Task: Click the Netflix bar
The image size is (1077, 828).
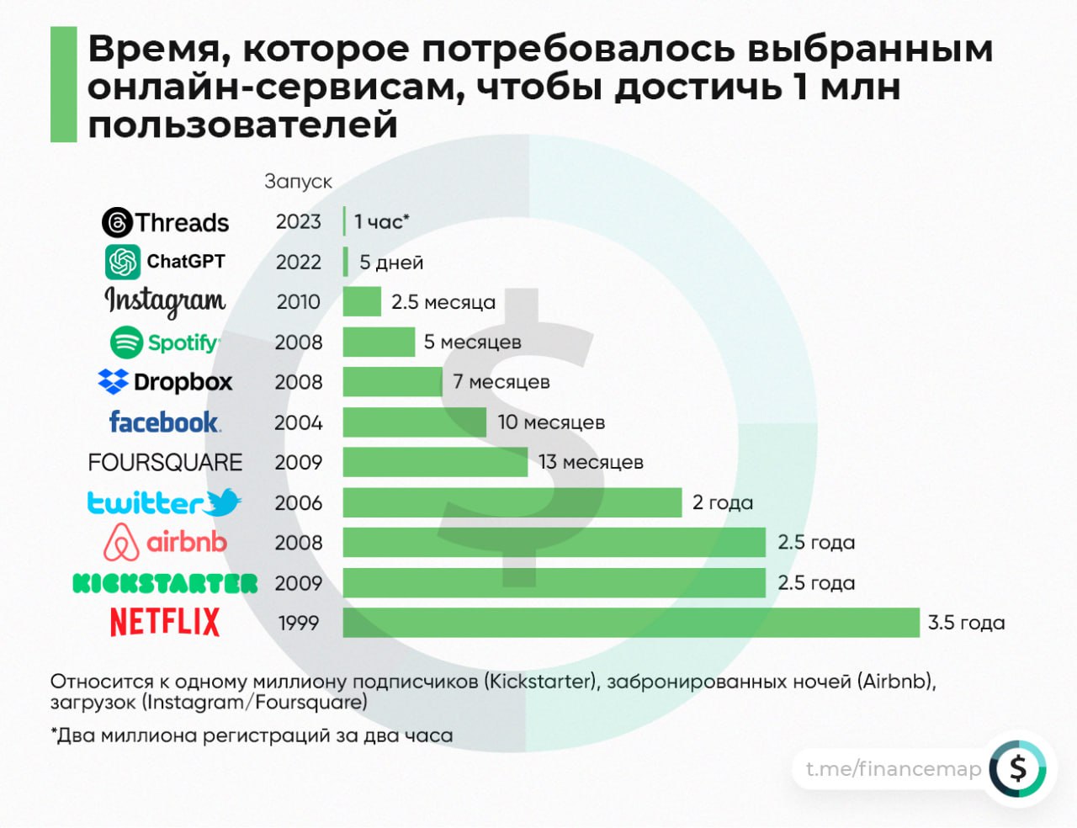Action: pos(631,623)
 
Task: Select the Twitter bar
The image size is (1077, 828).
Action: pos(512,502)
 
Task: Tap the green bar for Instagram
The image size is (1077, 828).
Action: pos(362,301)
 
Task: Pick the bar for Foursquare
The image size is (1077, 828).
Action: pos(435,462)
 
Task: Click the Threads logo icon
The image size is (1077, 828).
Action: pos(117,223)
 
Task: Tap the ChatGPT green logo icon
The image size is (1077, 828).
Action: pos(123,262)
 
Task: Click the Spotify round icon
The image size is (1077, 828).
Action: pos(126,342)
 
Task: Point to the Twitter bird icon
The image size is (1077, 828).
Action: pos(223,502)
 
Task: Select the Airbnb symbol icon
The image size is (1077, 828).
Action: pos(121,543)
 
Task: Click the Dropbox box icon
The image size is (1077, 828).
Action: pos(113,382)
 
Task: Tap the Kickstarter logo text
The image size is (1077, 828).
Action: pos(165,583)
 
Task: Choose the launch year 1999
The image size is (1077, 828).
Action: pos(299,624)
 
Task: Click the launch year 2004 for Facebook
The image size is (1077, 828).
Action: pos(299,422)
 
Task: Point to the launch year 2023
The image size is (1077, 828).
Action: pos(299,221)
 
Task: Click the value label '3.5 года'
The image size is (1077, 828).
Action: pos(966,623)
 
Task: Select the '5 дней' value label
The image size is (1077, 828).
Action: pos(391,263)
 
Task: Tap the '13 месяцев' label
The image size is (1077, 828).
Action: pos(591,462)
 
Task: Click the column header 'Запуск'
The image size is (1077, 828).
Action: pos(298,182)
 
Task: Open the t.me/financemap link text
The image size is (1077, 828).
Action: pos(893,769)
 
